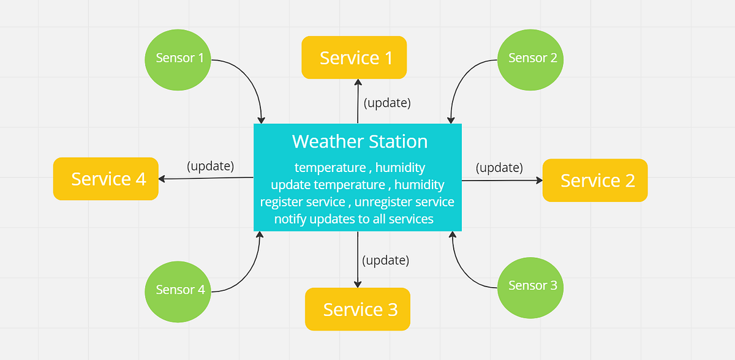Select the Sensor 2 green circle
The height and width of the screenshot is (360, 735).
coord(530,59)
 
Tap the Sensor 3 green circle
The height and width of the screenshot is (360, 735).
coord(530,286)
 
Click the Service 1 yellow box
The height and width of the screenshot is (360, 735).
coord(354,58)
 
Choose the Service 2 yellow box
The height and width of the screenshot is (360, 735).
coord(595,181)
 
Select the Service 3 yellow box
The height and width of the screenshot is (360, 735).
coord(358,309)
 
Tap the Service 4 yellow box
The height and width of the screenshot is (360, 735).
coord(106,179)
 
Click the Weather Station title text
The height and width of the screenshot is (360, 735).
coord(360,141)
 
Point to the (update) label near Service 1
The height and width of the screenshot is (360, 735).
coord(386,103)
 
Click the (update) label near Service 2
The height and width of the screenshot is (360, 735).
coord(499,167)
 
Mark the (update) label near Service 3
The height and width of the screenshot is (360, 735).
coord(385,260)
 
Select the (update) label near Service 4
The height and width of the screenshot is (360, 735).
coord(210,166)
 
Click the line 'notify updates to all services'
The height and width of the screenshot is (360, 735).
coord(354,219)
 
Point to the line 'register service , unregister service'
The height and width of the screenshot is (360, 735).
coord(357,201)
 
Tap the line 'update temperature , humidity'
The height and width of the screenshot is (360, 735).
coord(358,184)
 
